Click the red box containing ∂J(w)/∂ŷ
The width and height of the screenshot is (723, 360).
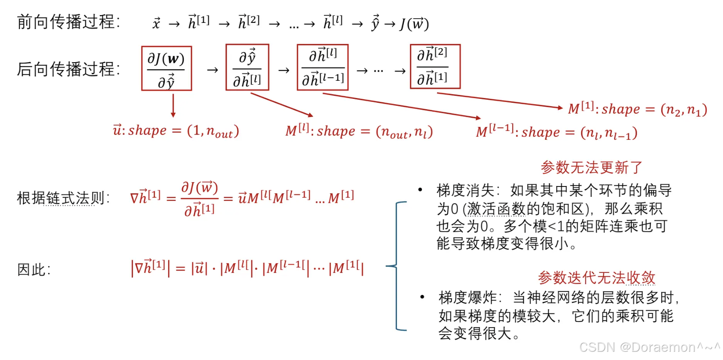coord(166,68)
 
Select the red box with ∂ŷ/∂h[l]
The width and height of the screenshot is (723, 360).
coord(247,67)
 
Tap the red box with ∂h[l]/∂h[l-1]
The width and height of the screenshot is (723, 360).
coord(322,67)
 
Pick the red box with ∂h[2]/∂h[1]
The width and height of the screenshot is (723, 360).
coord(435,66)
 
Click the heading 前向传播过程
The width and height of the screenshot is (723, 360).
coord(68,22)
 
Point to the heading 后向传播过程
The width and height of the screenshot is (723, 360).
coord(68,69)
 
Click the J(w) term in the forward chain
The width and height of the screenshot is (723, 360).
coord(414,24)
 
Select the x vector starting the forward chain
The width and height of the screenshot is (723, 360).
coord(156,23)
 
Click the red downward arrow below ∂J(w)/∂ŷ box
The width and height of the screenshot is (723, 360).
coord(173,105)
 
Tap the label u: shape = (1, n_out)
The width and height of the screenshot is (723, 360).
coord(176,130)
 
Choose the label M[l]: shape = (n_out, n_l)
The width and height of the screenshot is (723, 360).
coord(359,131)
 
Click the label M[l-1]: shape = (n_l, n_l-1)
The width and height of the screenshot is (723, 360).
coord(556,132)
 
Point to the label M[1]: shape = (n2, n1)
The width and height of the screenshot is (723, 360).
coord(637,109)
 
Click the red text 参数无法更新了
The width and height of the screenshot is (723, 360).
coord(591,167)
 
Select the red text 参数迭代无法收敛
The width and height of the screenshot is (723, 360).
coord(596,278)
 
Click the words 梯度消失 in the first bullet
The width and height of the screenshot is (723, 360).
coord(465,190)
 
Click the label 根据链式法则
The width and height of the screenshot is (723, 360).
coord(63,198)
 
